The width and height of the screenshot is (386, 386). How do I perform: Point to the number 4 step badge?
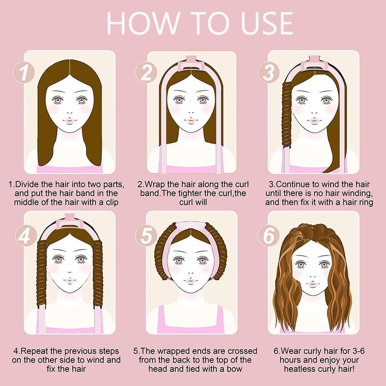[x=26, y=235]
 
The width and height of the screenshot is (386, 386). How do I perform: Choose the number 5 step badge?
[x=146, y=235]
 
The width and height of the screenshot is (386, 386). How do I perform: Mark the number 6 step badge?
[x=269, y=235]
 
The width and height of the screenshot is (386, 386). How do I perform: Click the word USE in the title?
[x=267, y=23]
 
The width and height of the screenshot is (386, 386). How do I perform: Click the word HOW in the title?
[x=143, y=23]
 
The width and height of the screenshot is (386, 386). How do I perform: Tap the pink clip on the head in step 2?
[x=192, y=64]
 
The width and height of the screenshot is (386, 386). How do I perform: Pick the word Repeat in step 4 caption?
[x=34, y=351]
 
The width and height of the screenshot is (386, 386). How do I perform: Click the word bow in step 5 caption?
[x=235, y=369]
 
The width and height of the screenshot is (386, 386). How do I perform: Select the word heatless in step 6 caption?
[x=297, y=369]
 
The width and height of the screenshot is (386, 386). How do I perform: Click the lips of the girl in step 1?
[x=70, y=121]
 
